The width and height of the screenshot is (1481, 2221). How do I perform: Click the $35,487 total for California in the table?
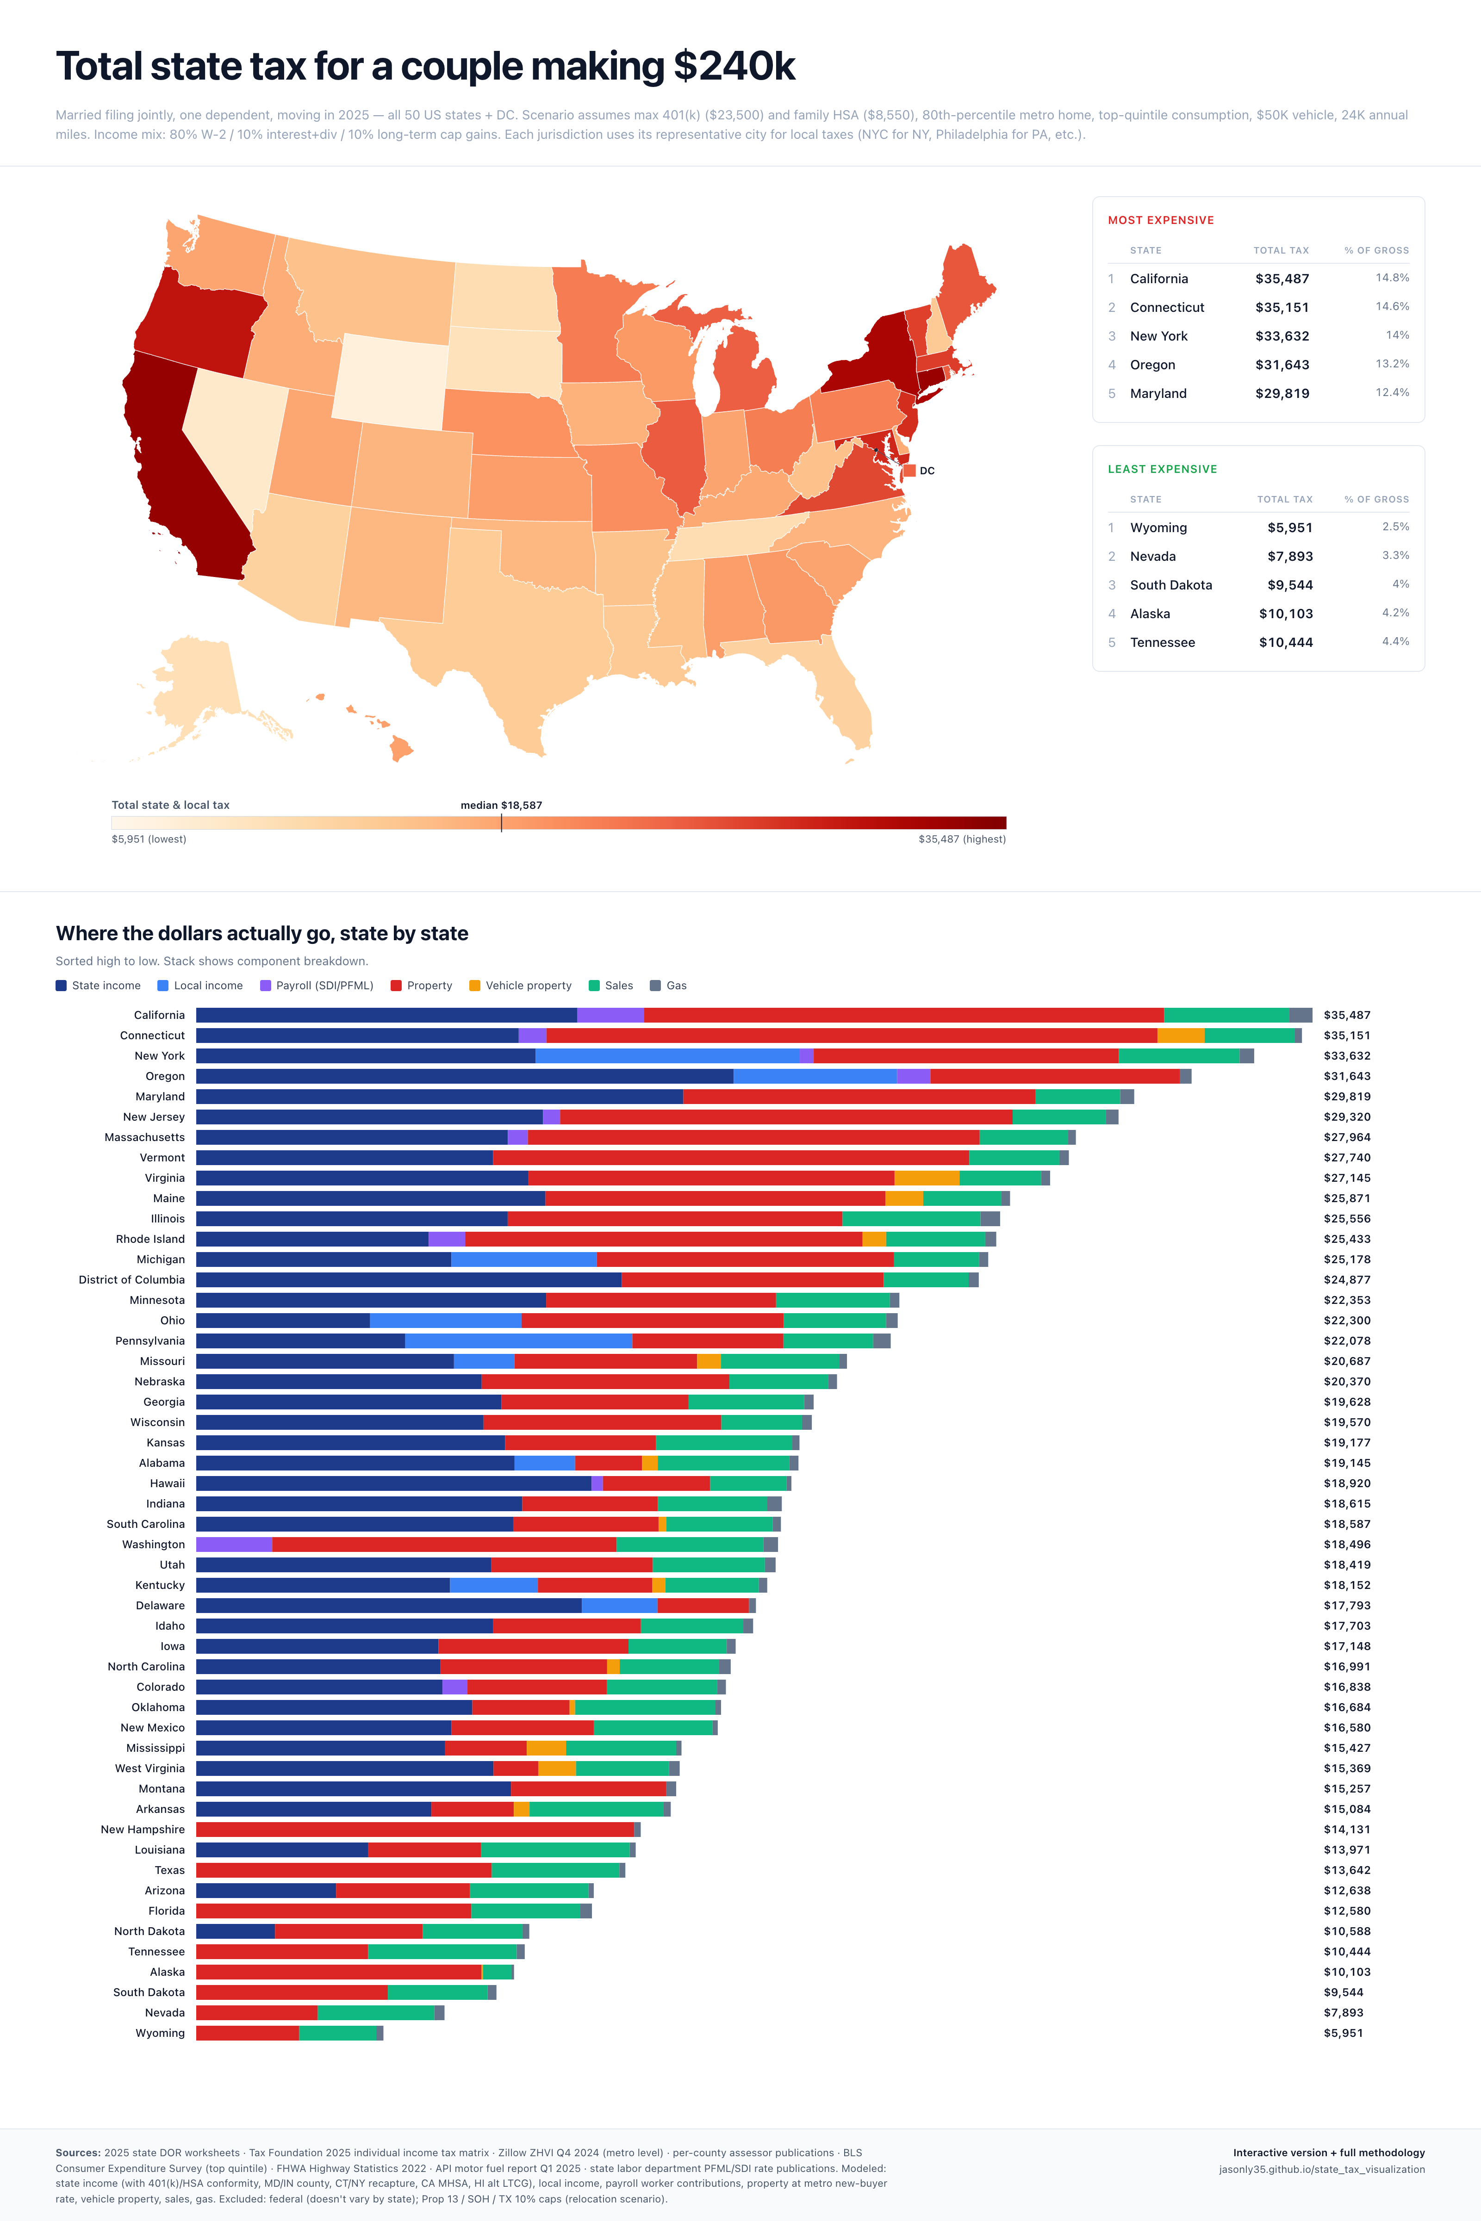point(1282,279)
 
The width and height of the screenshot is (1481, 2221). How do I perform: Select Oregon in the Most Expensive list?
point(1152,365)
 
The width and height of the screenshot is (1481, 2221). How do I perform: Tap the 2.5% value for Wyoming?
point(1395,527)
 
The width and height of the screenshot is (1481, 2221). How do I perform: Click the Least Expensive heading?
point(1162,469)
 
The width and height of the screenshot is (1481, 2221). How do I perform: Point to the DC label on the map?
point(927,470)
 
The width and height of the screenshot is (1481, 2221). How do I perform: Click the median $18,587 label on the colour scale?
point(501,806)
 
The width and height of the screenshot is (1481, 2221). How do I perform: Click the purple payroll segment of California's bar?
point(610,1015)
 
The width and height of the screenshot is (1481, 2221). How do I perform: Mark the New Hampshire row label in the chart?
point(143,1830)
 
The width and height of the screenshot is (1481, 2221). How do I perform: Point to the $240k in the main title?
point(734,66)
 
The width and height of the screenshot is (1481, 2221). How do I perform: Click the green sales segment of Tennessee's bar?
point(442,1952)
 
